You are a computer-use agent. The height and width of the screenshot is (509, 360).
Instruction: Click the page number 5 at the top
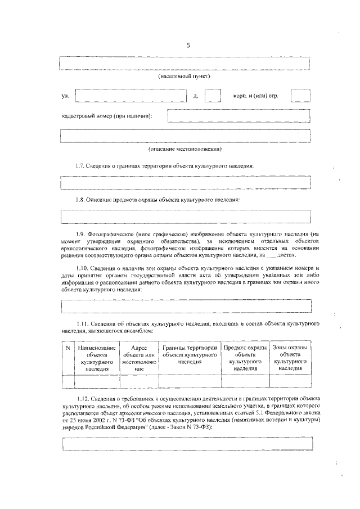pos(187,46)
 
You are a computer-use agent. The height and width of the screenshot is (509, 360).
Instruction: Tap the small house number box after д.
pos(213,95)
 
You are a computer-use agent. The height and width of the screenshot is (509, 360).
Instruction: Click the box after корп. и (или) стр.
pos(300,95)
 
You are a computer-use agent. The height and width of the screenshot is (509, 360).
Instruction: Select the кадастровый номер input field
pos(238,116)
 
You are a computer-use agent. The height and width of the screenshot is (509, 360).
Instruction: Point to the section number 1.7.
pos(82,166)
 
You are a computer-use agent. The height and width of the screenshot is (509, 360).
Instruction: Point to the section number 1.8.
pos(82,200)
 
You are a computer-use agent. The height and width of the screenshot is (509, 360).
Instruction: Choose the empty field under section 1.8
pos(186,217)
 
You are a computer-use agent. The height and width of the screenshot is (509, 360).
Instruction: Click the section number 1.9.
pos(82,233)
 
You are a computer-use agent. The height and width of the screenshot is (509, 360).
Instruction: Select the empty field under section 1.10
pos(186,306)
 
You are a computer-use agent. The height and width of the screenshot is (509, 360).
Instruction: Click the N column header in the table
pos(67,349)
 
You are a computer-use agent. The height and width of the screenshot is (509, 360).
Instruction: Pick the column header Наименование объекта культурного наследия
pos(97,359)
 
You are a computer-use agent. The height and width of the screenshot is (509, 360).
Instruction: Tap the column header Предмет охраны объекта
pos(245,359)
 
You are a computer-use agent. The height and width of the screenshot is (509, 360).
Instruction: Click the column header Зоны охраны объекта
pos(290,359)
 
